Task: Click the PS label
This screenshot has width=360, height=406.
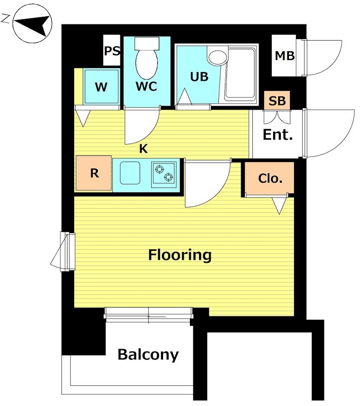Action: (112, 51)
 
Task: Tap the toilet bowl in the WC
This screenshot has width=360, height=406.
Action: (147, 64)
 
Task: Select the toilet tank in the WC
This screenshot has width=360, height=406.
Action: (147, 43)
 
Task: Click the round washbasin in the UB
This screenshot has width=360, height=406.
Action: (218, 57)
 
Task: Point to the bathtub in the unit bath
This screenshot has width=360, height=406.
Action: (240, 74)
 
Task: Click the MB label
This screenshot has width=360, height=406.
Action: (285, 56)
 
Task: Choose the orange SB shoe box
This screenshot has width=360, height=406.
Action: (277, 100)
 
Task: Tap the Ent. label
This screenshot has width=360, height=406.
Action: (278, 134)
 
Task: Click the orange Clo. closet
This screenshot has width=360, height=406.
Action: (269, 178)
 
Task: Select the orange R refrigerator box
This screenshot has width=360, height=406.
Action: (94, 173)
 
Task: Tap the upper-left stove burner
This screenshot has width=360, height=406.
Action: (159, 169)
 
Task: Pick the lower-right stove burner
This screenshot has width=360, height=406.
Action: (169, 177)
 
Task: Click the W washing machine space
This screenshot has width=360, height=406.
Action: (101, 87)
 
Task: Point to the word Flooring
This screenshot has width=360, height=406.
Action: (180, 255)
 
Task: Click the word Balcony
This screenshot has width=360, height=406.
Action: (148, 354)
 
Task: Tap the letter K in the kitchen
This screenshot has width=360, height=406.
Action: (143, 149)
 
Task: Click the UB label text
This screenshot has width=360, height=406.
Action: (199, 77)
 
